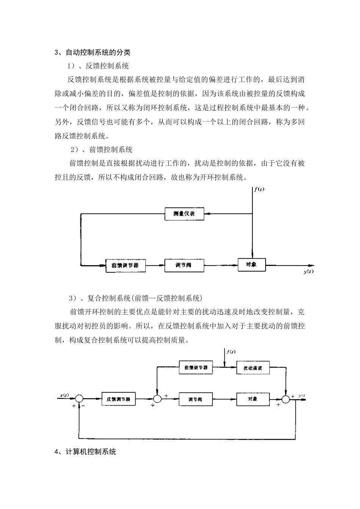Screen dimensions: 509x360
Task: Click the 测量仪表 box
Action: [185, 214]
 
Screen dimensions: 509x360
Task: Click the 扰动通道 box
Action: [253, 368]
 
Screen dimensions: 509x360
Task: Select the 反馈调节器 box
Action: [119, 399]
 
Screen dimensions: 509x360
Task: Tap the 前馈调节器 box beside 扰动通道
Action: [196, 367]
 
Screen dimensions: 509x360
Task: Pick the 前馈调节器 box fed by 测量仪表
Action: [125, 265]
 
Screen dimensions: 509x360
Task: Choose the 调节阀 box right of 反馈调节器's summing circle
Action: [196, 399]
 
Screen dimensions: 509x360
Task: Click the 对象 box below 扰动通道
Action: [253, 399]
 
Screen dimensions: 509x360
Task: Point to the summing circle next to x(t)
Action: [79, 398]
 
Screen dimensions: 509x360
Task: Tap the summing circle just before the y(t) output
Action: [286, 398]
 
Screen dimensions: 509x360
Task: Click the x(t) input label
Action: [64, 396]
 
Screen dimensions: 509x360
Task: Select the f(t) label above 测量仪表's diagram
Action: [260, 189]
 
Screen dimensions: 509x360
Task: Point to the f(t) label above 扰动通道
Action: [231, 352]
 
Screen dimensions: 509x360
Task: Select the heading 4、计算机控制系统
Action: [86, 452]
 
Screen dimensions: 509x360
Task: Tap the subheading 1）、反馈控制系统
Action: [98, 66]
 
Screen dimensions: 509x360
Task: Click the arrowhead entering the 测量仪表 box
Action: [207, 214]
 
